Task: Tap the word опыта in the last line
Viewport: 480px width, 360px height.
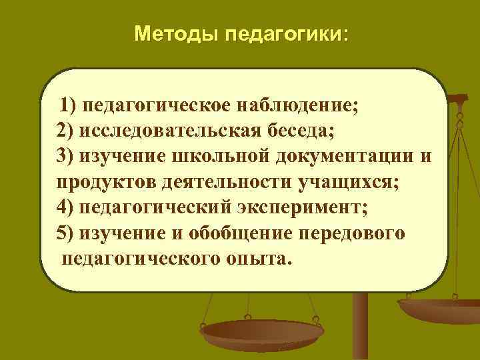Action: (x=257, y=257)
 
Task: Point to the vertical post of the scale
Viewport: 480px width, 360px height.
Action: (x=360, y=327)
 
